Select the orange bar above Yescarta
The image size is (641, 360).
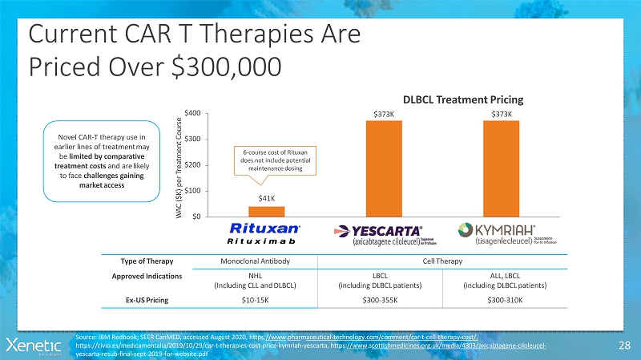pos(385,168)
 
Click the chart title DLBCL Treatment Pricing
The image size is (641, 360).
pos(463,100)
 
